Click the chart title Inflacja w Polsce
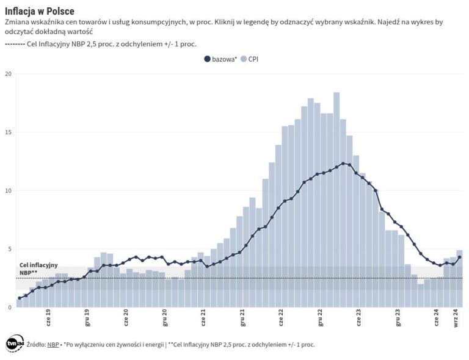[x=40, y=10]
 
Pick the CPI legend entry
[x=250, y=59]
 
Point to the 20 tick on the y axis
[x=8, y=74]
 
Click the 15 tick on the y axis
[x=8, y=132]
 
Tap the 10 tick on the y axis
[x=8, y=190]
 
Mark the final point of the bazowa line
[x=459, y=257]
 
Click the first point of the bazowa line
[x=20, y=298]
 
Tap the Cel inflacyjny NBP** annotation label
[x=38, y=268]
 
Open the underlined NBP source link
[x=53, y=345]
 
